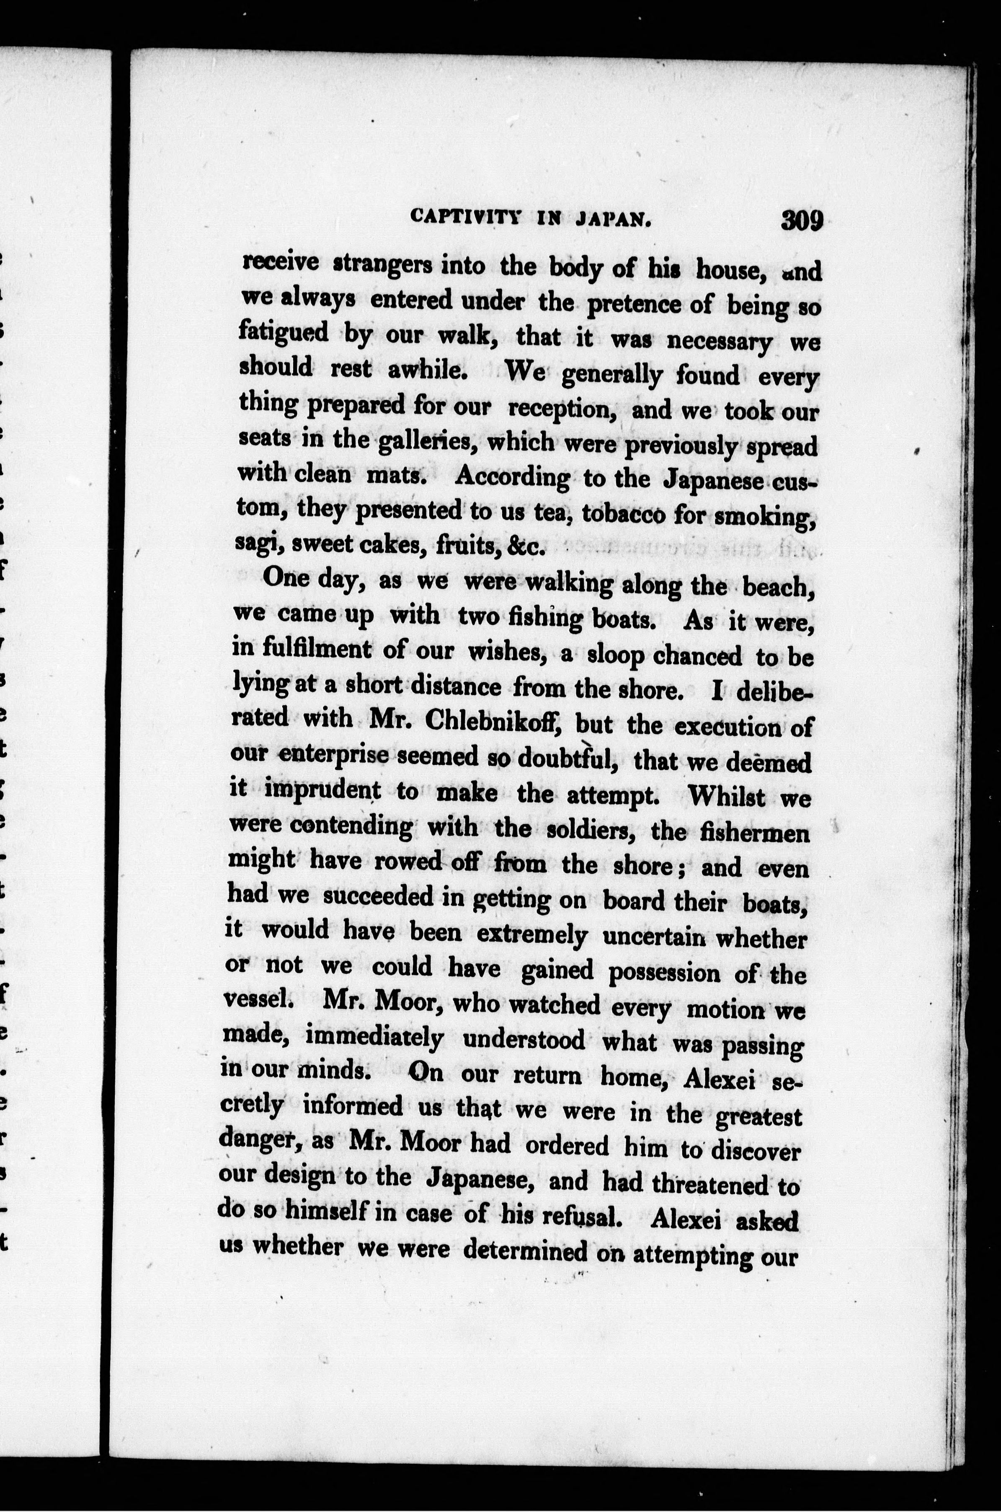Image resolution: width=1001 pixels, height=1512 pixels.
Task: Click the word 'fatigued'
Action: [x=284, y=332]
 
